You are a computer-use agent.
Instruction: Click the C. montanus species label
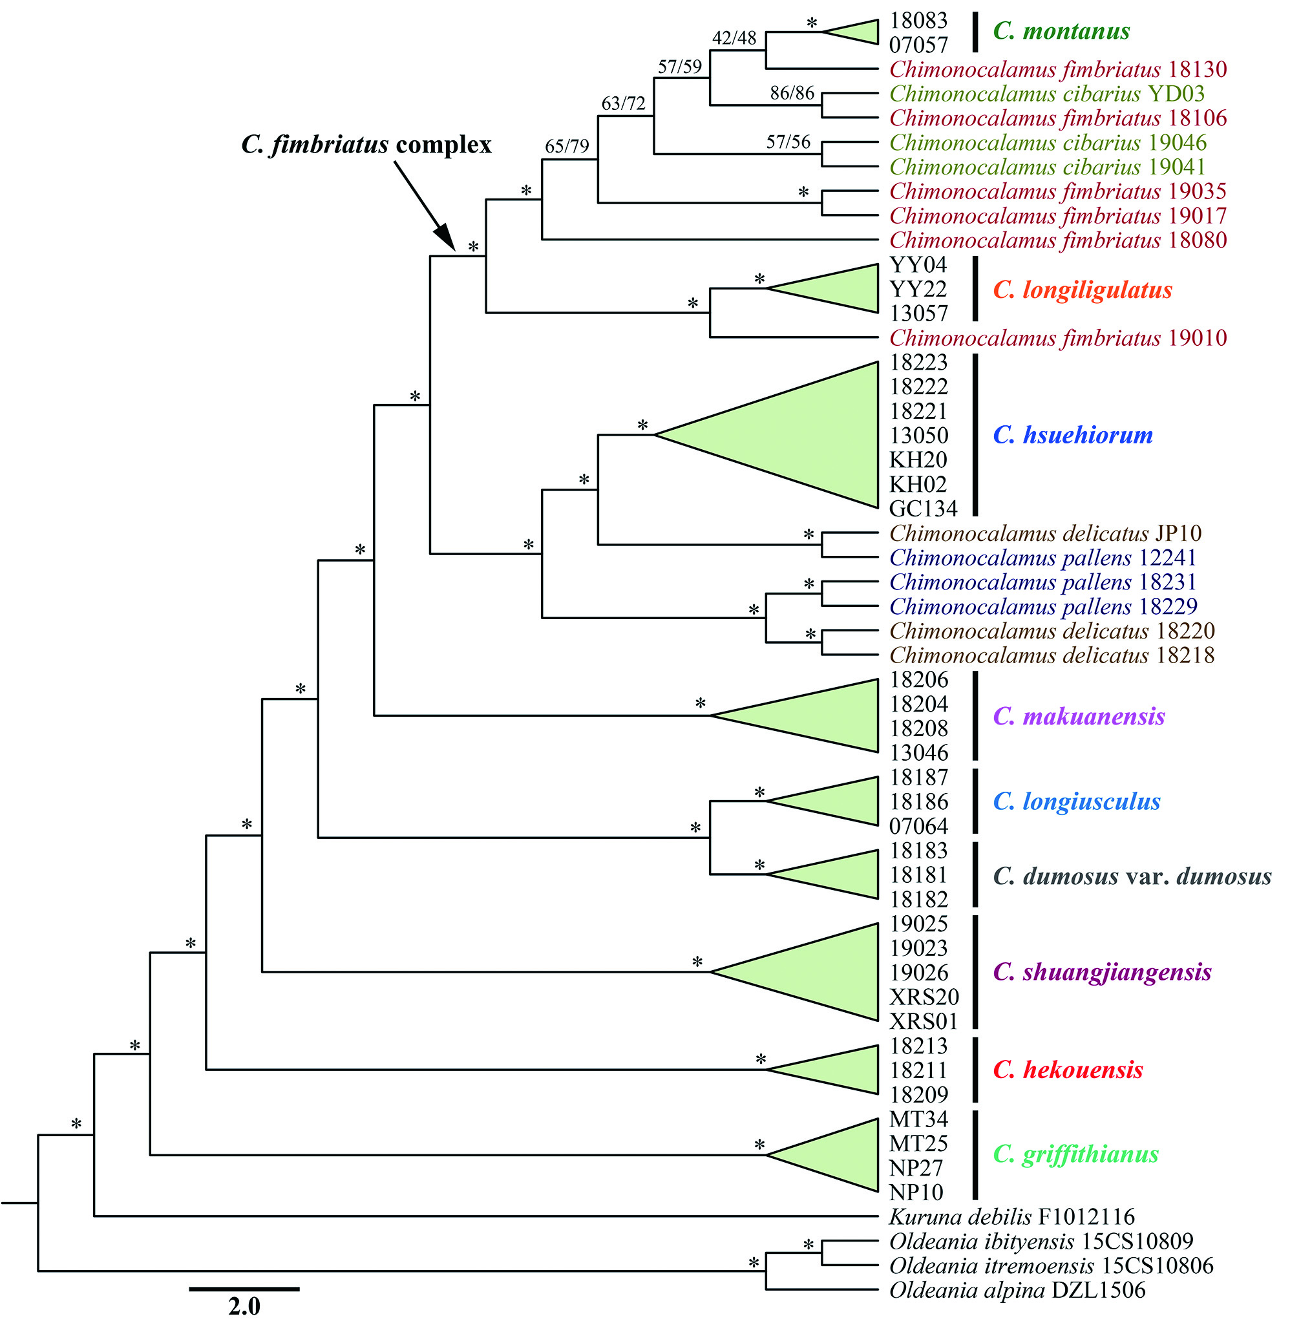point(1061,32)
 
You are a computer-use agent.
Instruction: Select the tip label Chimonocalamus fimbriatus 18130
point(1057,69)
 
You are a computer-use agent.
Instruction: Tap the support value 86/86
point(791,93)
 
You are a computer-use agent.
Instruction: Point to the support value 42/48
point(734,38)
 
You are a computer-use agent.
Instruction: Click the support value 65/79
point(567,146)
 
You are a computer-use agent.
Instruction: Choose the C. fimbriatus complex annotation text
point(366,145)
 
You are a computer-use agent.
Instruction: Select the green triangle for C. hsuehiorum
point(799,435)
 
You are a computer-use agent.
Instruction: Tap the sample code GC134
point(923,508)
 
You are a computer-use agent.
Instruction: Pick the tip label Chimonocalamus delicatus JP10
point(1045,533)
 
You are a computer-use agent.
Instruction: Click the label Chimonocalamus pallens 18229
point(1042,606)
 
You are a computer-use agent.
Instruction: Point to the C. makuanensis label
point(1079,716)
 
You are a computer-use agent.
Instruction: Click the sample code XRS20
point(924,997)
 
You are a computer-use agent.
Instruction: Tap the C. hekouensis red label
point(1068,1070)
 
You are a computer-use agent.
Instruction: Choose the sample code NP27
point(916,1168)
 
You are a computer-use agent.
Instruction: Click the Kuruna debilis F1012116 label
point(1011,1216)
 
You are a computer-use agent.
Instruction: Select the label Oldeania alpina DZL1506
point(1016,1290)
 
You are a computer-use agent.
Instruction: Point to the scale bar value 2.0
point(244,1306)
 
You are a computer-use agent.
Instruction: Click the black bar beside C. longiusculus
point(975,801)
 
